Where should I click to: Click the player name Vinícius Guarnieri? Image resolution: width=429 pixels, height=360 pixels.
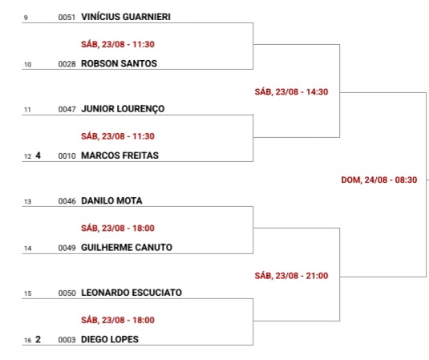[x=126, y=17]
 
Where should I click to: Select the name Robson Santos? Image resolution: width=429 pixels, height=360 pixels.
[x=119, y=63]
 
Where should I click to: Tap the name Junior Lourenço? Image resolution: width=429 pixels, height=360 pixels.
[x=123, y=109]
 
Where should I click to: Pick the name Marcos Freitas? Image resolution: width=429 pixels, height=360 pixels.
[x=119, y=156]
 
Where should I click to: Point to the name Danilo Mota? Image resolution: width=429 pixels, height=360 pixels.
[x=111, y=200]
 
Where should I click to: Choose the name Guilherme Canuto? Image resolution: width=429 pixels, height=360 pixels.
[x=127, y=247]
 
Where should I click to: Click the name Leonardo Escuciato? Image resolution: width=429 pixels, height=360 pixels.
[x=132, y=293]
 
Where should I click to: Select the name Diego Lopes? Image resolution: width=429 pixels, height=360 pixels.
[x=110, y=339]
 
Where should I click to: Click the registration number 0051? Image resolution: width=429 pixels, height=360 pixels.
[x=67, y=17]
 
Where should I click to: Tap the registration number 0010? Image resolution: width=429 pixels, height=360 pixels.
[x=67, y=156]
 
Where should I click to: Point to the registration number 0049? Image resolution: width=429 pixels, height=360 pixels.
[x=67, y=248]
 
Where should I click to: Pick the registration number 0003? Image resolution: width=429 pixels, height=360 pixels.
[x=67, y=340]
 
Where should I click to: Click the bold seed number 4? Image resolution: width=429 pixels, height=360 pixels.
[x=38, y=156]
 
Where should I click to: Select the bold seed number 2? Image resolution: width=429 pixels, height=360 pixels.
[x=38, y=339]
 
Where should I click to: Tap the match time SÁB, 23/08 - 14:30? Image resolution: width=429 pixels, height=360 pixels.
[x=291, y=92]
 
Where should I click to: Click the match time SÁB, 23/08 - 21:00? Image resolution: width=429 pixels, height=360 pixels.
[x=291, y=276]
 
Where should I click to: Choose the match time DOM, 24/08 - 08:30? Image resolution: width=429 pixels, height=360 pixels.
[x=379, y=180]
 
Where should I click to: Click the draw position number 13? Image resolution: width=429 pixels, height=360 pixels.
[x=27, y=202]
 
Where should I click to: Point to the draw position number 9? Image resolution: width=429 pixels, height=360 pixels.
[x=26, y=18]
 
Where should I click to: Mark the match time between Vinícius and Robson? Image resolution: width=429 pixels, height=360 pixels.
[x=118, y=44]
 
